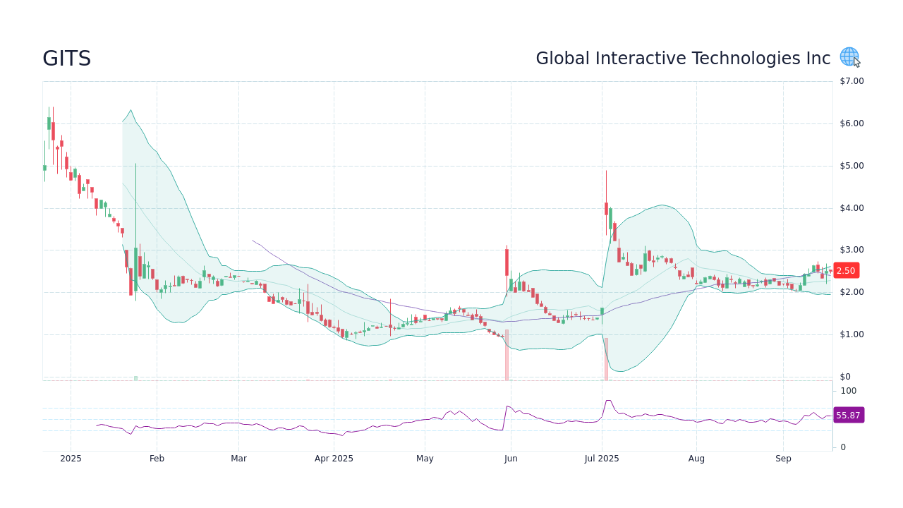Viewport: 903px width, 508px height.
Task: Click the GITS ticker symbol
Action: coord(67,59)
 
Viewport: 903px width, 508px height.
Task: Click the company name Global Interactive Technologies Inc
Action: coord(683,59)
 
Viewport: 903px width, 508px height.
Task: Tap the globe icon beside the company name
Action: coord(849,56)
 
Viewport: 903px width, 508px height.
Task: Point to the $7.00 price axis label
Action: coord(852,81)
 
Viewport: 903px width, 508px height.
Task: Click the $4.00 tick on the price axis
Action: coord(852,208)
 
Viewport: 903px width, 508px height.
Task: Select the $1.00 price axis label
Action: coord(852,334)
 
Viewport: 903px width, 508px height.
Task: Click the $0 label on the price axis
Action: coord(845,377)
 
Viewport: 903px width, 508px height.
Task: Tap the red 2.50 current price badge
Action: coord(846,271)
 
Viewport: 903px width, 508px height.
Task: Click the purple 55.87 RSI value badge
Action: coord(848,416)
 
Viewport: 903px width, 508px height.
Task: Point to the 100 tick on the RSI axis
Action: coord(848,391)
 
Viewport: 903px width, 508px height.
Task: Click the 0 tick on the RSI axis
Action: coord(843,447)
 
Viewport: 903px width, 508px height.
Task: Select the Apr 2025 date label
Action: coord(334,459)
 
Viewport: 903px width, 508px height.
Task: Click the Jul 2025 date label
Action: coord(602,459)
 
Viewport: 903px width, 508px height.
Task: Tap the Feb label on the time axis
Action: coord(157,459)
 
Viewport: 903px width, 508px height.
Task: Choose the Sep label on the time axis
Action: coord(783,459)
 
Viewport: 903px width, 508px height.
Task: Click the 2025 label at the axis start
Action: coord(71,459)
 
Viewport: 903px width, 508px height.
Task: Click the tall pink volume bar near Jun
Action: coord(507,355)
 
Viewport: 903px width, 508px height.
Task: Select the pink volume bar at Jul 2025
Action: coord(606,359)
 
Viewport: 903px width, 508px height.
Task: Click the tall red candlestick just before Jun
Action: coord(507,262)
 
